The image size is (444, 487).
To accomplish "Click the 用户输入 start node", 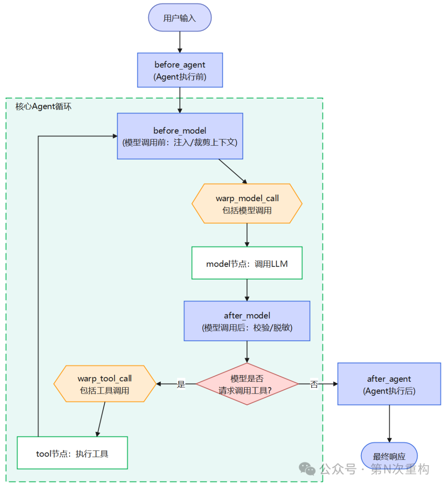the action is tap(180, 18).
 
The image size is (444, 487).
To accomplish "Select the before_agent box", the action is tap(180, 70).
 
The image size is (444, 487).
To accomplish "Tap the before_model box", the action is tap(180, 136).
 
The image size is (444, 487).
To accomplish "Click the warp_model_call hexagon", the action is tap(247, 204).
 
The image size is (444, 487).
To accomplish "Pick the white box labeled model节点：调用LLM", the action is tap(247, 263).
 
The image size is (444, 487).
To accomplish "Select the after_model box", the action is tap(247, 321).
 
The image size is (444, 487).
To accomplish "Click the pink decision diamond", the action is tap(247, 384).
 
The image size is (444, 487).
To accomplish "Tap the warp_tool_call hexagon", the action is tap(105, 384).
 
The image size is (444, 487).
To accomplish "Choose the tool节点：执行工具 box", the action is tap(72, 453).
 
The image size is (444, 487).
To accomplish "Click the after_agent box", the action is tap(389, 384).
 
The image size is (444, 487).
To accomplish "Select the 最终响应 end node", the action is tap(389, 456).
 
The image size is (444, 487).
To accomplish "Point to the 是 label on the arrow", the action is tap(181, 384).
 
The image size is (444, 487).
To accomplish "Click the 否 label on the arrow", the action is tap(314, 384).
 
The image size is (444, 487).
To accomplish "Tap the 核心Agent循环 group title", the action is tap(44, 107).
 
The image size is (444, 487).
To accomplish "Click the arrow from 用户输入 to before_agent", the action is tap(180, 42).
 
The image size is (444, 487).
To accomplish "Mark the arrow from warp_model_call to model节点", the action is tap(247, 235).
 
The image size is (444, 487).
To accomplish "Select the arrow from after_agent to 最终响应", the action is tap(389, 424).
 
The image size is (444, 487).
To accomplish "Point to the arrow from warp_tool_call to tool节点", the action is tap(101, 419).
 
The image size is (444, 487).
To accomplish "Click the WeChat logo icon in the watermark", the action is tap(307, 468).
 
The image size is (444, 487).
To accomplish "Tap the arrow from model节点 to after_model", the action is tap(247, 290).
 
